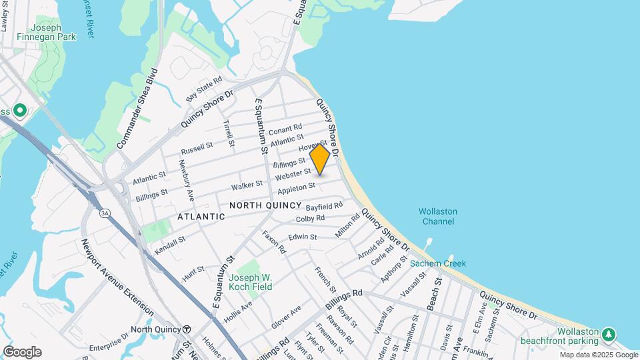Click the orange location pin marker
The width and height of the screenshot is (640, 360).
pos(320,159)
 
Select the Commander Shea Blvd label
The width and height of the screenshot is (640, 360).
pos(139,108)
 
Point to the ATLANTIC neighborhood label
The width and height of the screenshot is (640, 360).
pos(201,217)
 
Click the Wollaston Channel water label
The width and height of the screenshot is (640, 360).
pos(437,216)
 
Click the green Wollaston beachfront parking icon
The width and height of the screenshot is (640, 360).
pos(608,333)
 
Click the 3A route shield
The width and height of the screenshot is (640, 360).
pos(105,213)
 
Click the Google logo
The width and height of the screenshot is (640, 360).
pos(22,352)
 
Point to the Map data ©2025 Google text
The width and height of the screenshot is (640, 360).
pos(598,355)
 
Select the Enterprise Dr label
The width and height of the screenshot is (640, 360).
pos(109,343)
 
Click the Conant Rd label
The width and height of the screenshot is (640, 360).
pos(285,128)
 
